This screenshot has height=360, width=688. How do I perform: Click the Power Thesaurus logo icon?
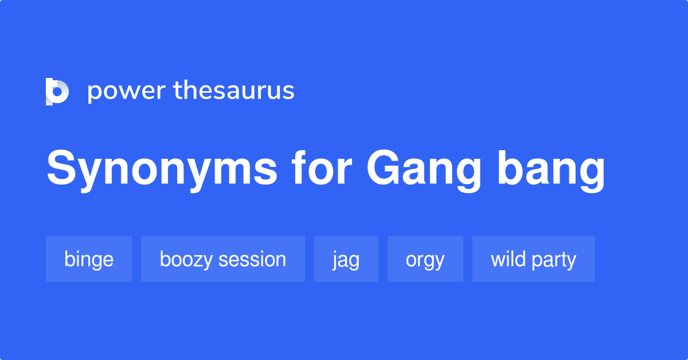pyautogui.click(x=57, y=91)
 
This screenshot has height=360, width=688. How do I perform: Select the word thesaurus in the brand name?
pyautogui.click(x=234, y=90)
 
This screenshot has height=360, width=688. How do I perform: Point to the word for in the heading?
pyautogui.click(x=322, y=168)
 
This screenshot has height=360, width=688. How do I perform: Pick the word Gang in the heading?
pyautogui.click(x=424, y=171)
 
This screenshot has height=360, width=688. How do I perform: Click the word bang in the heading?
pyautogui.click(x=552, y=171)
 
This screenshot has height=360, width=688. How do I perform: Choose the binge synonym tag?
pyautogui.click(x=89, y=259)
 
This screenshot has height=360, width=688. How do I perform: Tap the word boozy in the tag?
pyautogui.click(x=186, y=260)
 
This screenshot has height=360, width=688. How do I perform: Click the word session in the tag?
pyautogui.click(x=252, y=259)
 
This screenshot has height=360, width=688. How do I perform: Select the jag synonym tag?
pyautogui.click(x=346, y=259)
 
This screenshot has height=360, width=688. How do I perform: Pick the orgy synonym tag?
pyautogui.click(x=425, y=259)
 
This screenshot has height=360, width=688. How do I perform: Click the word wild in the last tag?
pyautogui.click(x=508, y=259)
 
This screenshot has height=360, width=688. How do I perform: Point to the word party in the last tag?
pyautogui.click(x=554, y=260)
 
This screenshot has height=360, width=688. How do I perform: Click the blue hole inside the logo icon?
pyautogui.click(x=57, y=92)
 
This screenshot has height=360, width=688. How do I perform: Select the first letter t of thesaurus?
pyautogui.click(x=178, y=91)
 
